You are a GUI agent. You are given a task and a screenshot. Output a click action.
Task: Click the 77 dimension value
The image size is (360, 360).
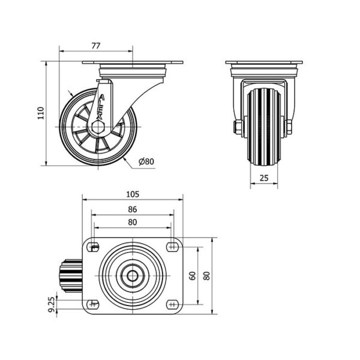[x=96, y=46]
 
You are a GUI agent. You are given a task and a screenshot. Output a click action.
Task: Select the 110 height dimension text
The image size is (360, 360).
[x=41, y=113]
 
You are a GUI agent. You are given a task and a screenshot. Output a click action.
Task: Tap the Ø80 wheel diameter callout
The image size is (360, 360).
[x=146, y=161]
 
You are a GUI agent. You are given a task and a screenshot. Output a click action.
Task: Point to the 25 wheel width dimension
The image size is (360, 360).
[x=264, y=178]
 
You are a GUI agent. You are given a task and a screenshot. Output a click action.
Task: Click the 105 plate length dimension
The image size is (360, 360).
[x=133, y=194]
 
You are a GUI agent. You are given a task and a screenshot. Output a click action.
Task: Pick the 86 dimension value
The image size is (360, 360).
[x=133, y=209]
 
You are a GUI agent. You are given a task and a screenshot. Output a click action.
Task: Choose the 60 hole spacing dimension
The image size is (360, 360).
[x=193, y=276]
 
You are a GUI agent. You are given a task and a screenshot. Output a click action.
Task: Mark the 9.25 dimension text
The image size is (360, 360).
[x=52, y=305]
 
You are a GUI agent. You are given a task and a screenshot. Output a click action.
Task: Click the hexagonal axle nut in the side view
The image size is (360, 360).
[x=98, y=127]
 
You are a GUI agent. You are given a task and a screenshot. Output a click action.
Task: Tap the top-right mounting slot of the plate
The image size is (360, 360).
[x=173, y=247]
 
